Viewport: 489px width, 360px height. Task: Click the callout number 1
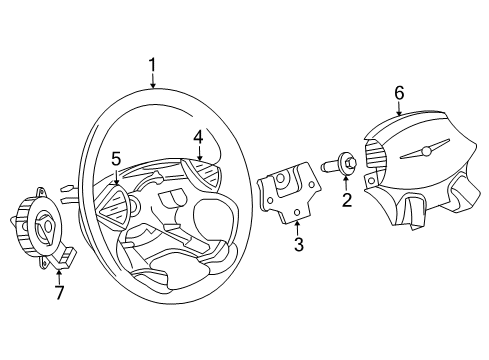[x=153, y=67]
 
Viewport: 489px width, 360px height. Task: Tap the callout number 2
[x=347, y=200]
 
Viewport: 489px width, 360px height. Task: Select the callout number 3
[x=298, y=245]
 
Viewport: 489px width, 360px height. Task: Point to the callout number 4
[x=198, y=137]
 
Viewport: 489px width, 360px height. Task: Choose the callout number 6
[x=399, y=93]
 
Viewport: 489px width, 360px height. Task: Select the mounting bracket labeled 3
[x=287, y=195]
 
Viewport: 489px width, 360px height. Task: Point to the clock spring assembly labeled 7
[x=39, y=229]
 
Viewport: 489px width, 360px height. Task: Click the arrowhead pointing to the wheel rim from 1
[x=153, y=87]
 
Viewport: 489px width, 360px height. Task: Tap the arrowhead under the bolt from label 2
[x=346, y=180]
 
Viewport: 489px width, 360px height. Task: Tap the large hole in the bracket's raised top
[x=284, y=180]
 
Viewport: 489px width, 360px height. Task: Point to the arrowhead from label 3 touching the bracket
[x=295, y=221]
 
